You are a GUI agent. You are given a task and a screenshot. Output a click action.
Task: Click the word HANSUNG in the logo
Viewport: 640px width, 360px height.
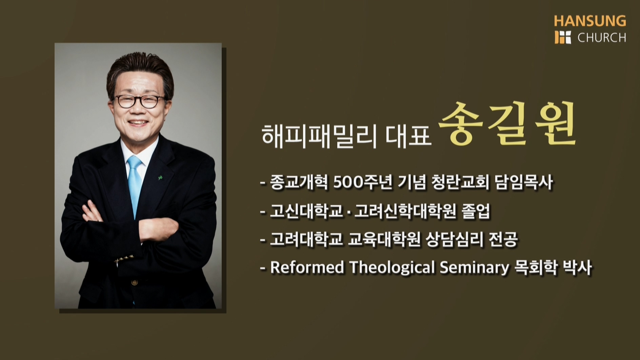[x=590, y=21]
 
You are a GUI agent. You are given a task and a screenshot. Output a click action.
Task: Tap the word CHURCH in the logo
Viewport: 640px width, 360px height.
[x=602, y=38]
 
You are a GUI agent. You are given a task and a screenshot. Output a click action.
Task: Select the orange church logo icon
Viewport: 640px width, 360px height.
[x=563, y=37]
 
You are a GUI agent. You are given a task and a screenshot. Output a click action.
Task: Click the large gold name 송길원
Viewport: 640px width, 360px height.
[x=507, y=123]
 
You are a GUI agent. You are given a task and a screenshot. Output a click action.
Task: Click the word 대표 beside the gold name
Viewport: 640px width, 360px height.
[x=408, y=136]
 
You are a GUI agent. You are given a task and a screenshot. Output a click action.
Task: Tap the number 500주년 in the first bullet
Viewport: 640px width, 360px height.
[x=363, y=182]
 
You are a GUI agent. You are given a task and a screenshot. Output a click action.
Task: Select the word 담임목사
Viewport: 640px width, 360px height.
[x=524, y=182]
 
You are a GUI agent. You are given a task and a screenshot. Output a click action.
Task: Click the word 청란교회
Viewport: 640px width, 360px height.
[x=460, y=182]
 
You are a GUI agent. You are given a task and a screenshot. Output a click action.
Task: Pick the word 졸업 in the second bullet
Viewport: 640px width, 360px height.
[x=476, y=211]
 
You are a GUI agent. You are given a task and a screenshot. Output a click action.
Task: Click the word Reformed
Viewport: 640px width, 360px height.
[x=307, y=267]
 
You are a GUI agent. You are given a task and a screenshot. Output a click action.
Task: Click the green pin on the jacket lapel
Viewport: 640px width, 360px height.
[x=160, y=177]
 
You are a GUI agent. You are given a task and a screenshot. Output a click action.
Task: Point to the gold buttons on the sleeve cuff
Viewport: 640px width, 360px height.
[x=124, y=258]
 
